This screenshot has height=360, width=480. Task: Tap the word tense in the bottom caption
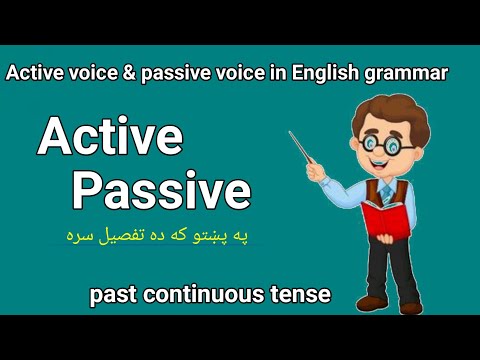tap(301, 295)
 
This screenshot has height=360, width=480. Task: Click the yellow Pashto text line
tap(175, 238)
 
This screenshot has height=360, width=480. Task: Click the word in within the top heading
tap(272, 73)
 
